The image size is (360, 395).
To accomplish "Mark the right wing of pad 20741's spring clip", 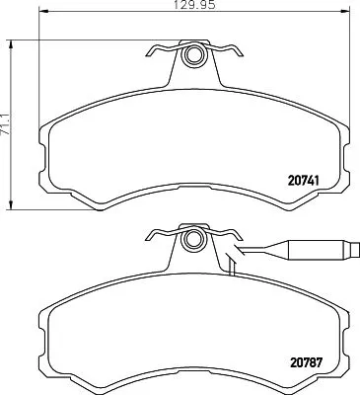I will pyautogui.click(x=228, y=50).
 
